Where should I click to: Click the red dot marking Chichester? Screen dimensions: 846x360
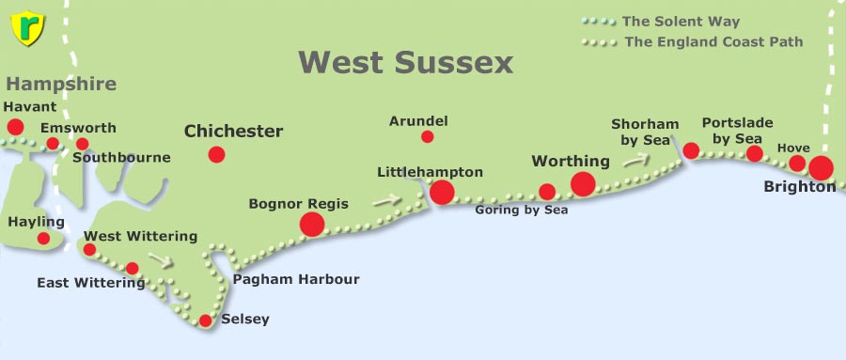coord(217,154)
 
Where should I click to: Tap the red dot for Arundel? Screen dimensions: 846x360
coord(428,136)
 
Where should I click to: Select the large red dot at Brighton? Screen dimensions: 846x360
coord(821,168)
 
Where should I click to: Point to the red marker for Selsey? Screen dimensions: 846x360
coord(206,321)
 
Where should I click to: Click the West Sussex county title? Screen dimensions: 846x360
coord(406,63)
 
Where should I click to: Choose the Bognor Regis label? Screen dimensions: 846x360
coord(298,203)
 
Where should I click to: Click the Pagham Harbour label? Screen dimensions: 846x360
coord(296,279)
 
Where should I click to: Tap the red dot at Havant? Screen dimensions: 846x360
coord(16,127)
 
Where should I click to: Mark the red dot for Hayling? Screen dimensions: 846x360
coord(43,239)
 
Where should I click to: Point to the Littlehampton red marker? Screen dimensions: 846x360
coord(442,193)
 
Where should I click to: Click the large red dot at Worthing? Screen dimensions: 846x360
coord(583,183)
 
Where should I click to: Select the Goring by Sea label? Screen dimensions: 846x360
coord(522,211)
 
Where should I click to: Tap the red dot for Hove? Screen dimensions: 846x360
coord(797,164)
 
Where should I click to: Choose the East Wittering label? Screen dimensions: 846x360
coord(90,282)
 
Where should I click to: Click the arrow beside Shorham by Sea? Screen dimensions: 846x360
coord(636,159)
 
